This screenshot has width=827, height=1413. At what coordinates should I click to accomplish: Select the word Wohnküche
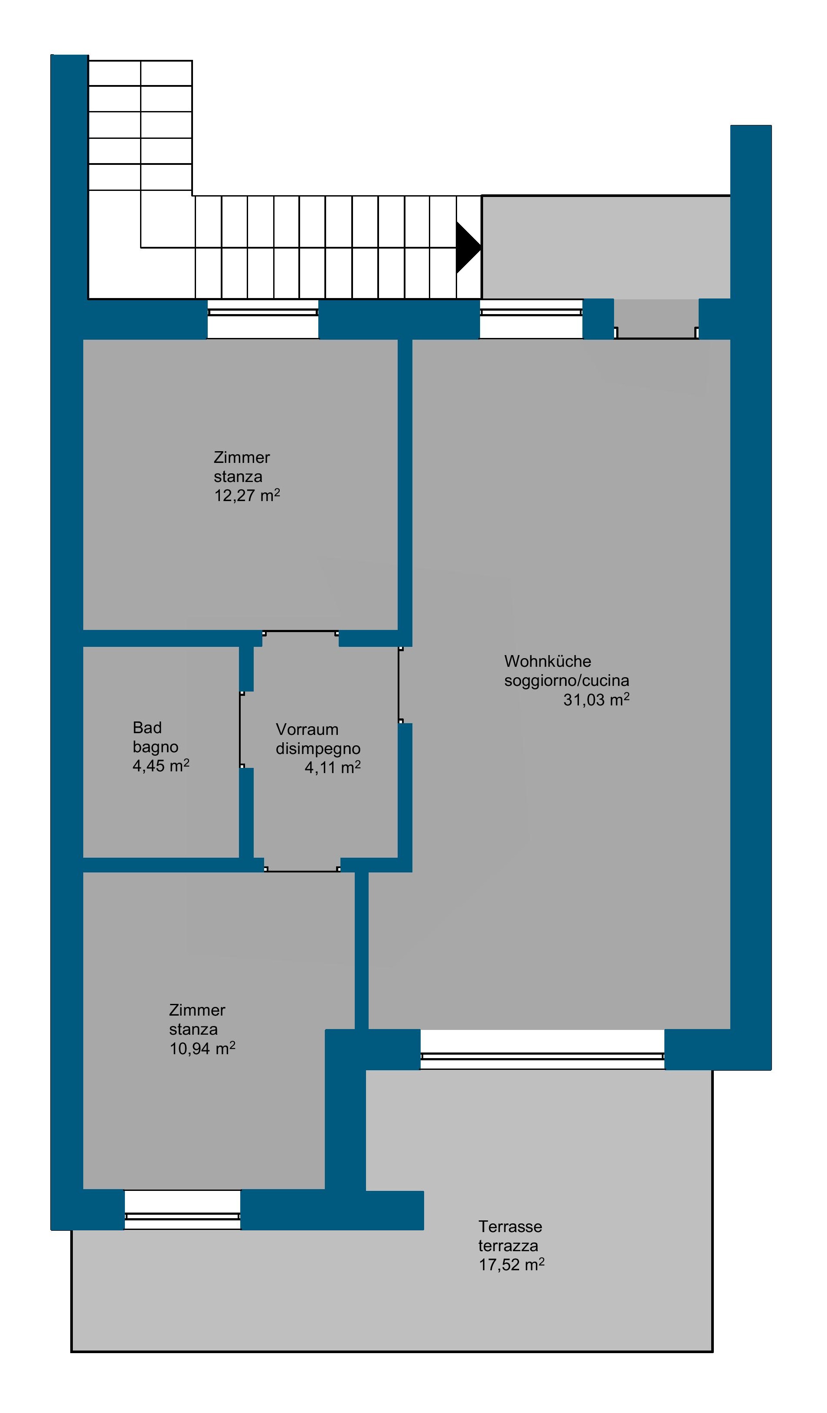548,662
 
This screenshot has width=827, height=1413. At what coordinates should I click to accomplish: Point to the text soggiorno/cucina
566,681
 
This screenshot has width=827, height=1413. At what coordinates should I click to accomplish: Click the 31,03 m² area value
596,699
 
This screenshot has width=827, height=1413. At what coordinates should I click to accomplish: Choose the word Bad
147,728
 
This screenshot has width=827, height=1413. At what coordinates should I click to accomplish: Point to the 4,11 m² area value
333,767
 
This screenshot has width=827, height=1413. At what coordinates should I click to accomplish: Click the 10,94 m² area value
203,1048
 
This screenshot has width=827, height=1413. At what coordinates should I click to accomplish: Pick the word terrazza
508,1246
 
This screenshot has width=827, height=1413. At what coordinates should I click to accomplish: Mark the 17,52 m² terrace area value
511,1264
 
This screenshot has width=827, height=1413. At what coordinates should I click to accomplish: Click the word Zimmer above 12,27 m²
242,458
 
